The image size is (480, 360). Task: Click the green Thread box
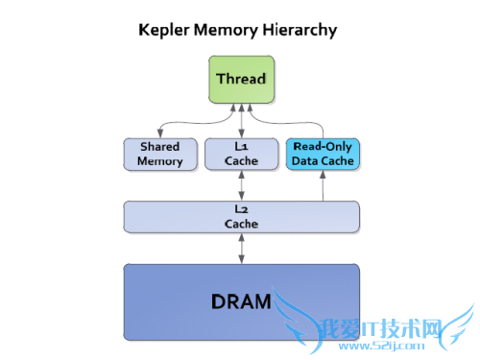point(241,79)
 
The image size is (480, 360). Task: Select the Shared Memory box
point(159,154)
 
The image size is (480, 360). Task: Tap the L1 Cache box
point(241,154)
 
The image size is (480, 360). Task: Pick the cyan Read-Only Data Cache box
point(323,154)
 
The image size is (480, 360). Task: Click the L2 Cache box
point(241,216)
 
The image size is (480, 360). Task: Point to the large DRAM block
point(241,301)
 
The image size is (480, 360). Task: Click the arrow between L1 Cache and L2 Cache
point(241,185)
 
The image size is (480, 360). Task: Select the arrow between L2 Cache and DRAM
point(241,247)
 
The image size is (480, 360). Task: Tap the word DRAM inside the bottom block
point(241,302)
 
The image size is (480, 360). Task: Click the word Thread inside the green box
point(241,79)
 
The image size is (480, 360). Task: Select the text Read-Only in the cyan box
point(323,147)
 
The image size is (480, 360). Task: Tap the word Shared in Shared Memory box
point(159,147)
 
